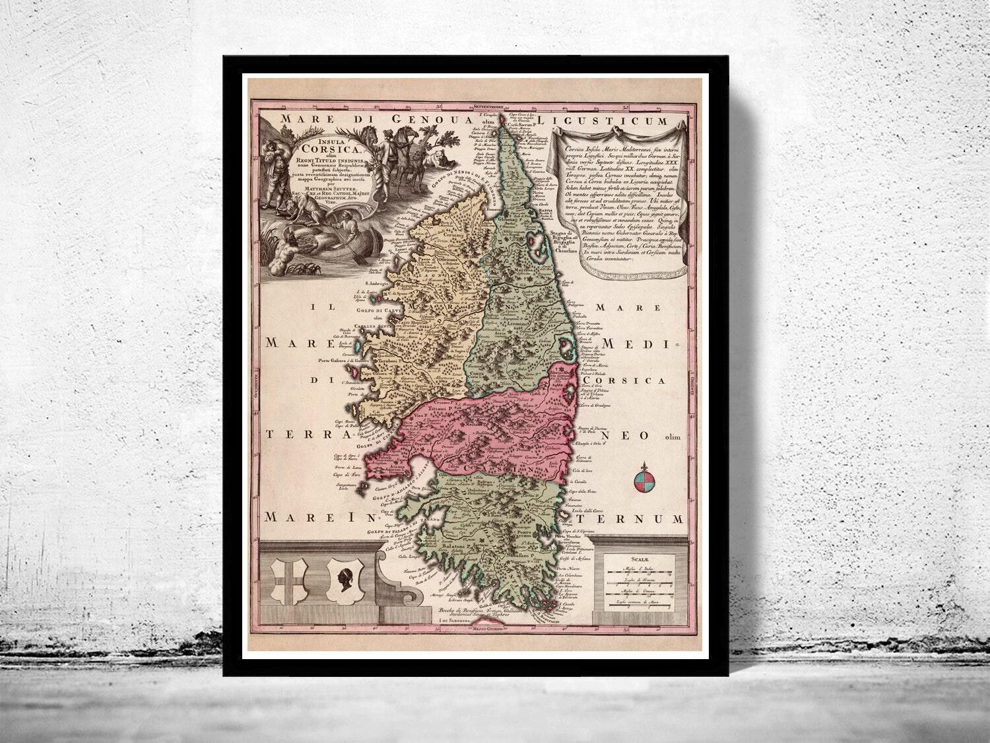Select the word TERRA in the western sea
pyautogui.click(x=294, y=435)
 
